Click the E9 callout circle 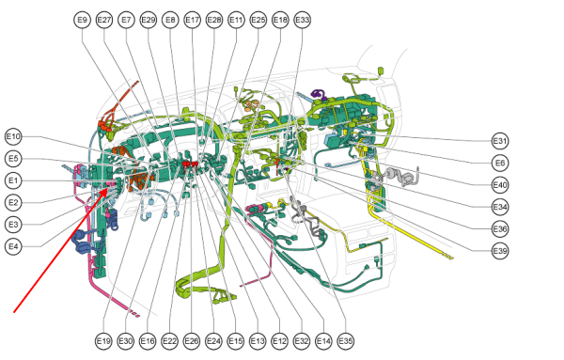pos(83,20)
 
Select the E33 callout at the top pos(302,20)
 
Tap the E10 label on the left pos(13,136)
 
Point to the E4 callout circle pos(13,246)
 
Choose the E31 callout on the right pos(500,141)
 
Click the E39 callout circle pos(500,251)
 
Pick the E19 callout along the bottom pos(103,340)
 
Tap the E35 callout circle pos(345,340)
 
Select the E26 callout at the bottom pos(192,340)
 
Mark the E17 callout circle pos(192,20)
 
